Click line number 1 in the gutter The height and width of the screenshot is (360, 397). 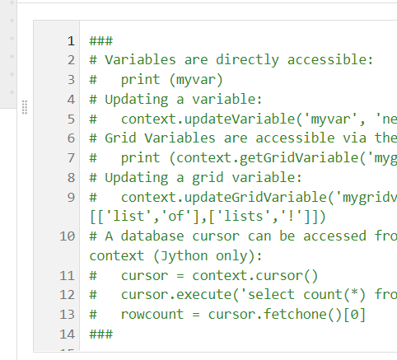coord(71,41)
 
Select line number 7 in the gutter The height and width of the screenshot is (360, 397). coord(71,158)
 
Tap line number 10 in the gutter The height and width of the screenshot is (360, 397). coord(67,236)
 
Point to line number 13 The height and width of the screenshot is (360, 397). coord(67,315)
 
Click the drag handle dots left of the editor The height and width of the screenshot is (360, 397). coord(25,107)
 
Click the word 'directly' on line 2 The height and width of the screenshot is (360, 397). coord(247,60)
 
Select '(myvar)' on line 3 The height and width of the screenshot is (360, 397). coord(196,80)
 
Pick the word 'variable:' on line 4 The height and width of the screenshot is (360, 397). coord(227,99)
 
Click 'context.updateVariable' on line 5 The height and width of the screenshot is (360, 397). coord(208,119)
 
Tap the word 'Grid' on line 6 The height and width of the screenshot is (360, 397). coord(120,138)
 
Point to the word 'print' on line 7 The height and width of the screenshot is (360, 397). coord(140,158)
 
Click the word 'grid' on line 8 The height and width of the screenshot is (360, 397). coord(208,178)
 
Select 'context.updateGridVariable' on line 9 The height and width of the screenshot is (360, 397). coord(224,198)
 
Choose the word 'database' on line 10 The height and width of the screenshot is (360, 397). coord(152,236)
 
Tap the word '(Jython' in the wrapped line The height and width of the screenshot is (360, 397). coord(180,256)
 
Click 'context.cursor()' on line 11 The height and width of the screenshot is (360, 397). coord(255,276)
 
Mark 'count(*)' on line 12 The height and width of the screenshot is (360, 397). coord(334,295)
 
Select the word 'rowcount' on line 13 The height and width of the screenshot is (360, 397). coord(152,315)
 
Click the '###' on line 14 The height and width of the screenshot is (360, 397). coord(101,334)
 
